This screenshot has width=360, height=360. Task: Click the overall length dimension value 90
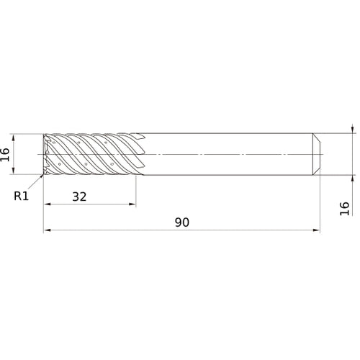pos(181,222)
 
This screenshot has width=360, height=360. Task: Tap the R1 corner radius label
pos(22,195)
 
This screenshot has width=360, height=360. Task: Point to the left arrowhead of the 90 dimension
pos(47,231)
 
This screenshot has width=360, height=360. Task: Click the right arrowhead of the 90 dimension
pos(317,231)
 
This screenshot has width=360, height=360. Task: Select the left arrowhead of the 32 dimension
pos(47,204)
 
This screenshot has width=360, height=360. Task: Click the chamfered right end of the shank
pos(317,154)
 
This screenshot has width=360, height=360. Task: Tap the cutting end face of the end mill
pos(46,154)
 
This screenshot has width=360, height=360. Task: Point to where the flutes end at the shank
pos(146,154)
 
